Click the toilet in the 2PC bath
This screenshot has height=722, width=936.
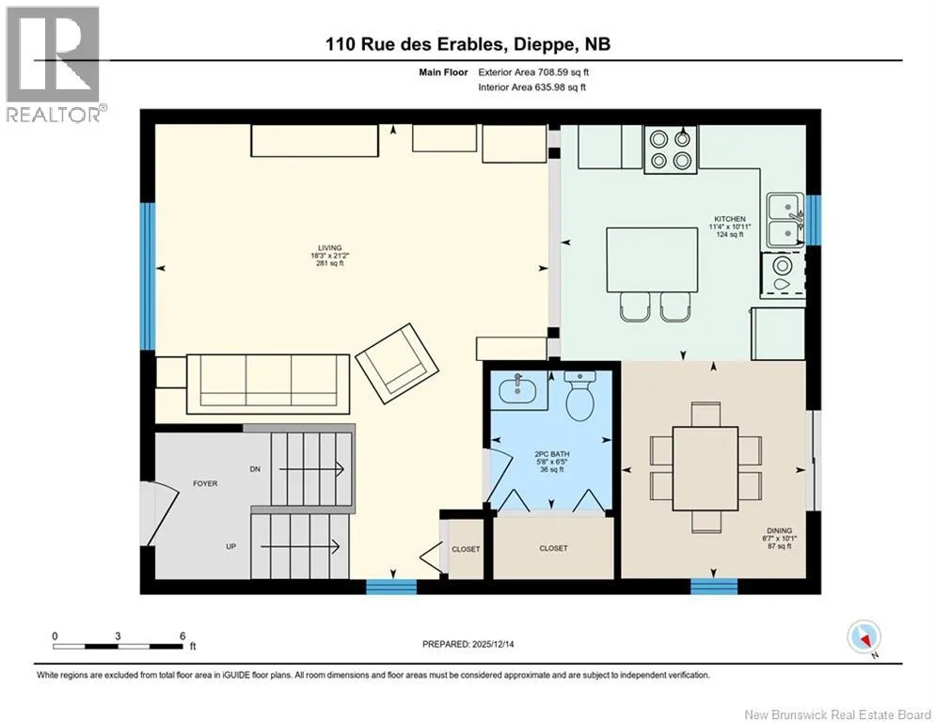tap(580, 395)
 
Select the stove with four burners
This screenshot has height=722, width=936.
tap(671, 149)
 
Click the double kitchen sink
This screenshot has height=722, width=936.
tap(785, 220)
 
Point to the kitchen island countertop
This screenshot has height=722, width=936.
tap(653, 259)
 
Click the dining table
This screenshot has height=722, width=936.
tap(705, 468)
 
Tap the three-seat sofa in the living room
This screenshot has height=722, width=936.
tap(268, 384)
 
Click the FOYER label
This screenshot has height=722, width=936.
tap(205, 483)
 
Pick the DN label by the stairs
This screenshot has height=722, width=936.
tap(255, 469)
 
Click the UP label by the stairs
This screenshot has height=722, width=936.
tap(231, 546)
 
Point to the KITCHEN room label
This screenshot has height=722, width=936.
tap(730, 219)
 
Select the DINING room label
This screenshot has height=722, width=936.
tap(779, 530)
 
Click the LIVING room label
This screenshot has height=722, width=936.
tap(329, 247)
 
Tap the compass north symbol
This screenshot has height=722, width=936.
tap(865, 638)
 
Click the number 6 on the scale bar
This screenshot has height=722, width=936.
tap(182, 636)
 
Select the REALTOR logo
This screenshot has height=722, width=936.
tap(53, 65)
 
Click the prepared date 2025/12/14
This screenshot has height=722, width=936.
tap(493, 644)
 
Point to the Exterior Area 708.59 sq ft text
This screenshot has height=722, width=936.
tap(533, 72)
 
